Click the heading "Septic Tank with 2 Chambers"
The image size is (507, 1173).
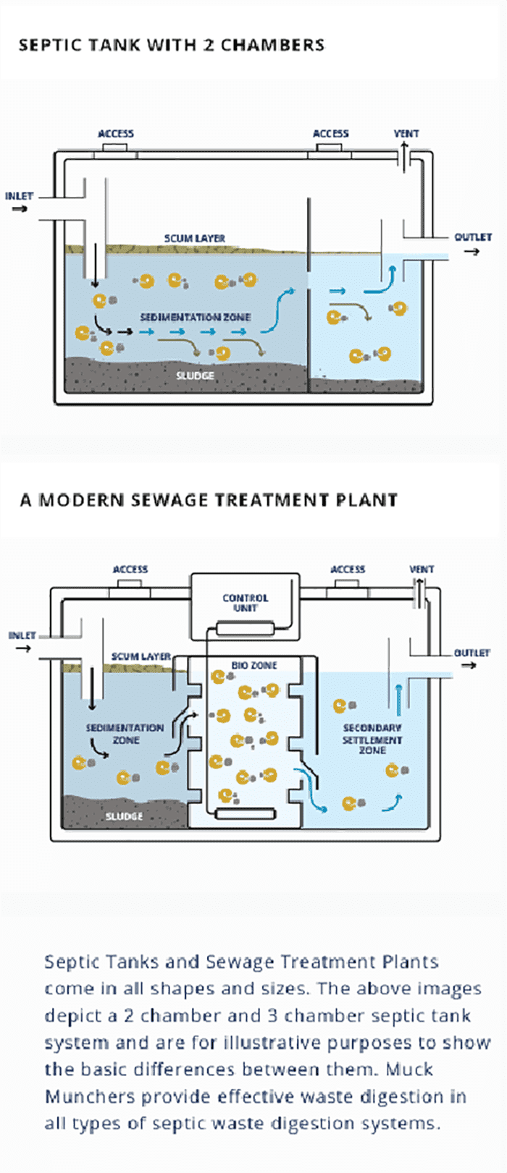coord(171,45)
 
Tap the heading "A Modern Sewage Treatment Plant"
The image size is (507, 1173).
coord(209,500)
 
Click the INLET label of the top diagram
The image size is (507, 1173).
coord(20,196)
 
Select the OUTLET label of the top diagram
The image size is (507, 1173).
coord(473,237)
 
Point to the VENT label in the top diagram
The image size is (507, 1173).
coord(406,134)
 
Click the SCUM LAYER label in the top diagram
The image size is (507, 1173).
coord(194,238)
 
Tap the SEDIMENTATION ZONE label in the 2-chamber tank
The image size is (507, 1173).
coord(196,317)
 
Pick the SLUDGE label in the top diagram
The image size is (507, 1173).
coord(196,376)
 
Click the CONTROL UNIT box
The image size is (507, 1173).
coord(245,603)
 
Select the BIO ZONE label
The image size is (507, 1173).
coord(254,665)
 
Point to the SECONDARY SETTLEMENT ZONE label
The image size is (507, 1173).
coord(372,739)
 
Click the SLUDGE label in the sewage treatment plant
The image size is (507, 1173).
coord(124,816)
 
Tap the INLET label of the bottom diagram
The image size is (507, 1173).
coord(22,635)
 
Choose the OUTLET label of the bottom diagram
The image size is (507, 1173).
coord(472,653)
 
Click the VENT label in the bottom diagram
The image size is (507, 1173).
coord(422,569)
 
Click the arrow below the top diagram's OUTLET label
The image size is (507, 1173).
coord(472,252)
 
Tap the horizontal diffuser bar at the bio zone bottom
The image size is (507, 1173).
coord(246,814)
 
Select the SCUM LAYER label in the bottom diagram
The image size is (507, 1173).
coord(141,656)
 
